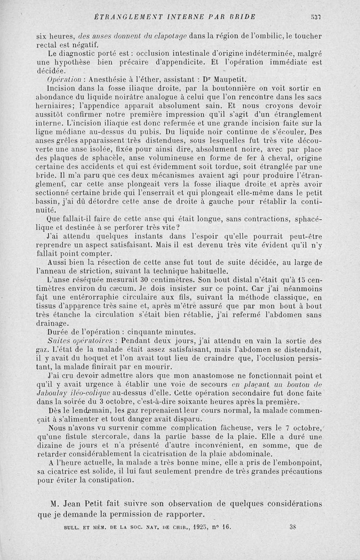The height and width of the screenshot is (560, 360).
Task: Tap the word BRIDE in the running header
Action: pos(242,18)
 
